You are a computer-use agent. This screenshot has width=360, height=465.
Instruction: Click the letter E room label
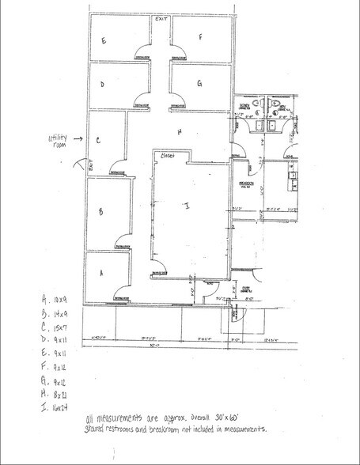click(x=104, y=39)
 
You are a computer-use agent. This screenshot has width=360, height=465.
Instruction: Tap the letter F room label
click(x=201, y=36)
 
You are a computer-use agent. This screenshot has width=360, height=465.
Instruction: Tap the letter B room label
click(x=101, y=212)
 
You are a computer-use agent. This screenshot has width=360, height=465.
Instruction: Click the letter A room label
click(x=101, y=271)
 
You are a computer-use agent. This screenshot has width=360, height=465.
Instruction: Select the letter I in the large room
click(x=187, y=206)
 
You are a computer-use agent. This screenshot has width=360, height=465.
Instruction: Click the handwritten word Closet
click(x=167, y=157)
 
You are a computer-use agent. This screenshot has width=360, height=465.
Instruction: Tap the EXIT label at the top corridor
click(x=161, y=17)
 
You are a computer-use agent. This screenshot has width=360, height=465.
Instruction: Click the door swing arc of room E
click(x=142, y=51)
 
